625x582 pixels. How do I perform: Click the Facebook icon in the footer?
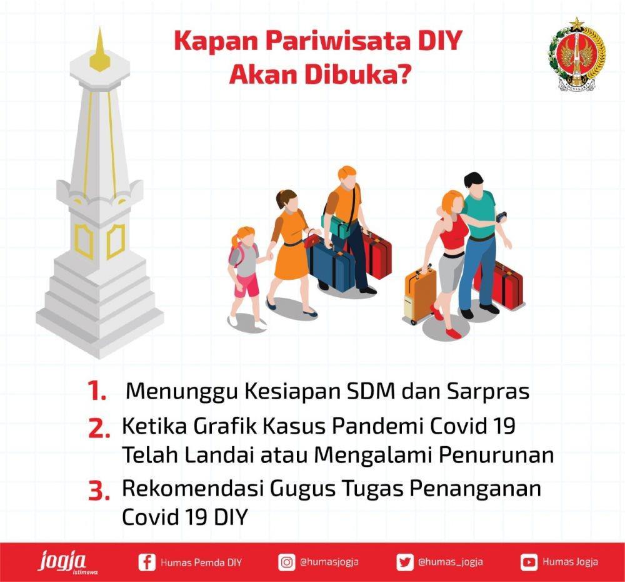click(x=147, y=562)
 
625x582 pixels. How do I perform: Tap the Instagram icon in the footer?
click(x=287, y=562)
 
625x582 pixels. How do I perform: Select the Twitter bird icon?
click(x=404, y=562)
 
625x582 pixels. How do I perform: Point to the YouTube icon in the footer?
click(x=529, y=562)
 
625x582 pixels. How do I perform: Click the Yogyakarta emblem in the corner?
click(x=577, y=54)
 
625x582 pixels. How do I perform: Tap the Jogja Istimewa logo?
click(x=66, y=562)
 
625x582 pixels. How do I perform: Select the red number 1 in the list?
click(x=97, y=391)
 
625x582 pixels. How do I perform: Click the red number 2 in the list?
click(x=99, y=428)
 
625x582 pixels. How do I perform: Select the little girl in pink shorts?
click(x=245, y=276)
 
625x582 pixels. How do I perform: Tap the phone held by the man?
click(x=501, y=217)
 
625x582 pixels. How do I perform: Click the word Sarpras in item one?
click(x=488, y=392)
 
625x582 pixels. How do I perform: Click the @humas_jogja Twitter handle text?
click(x=451, y=563)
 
